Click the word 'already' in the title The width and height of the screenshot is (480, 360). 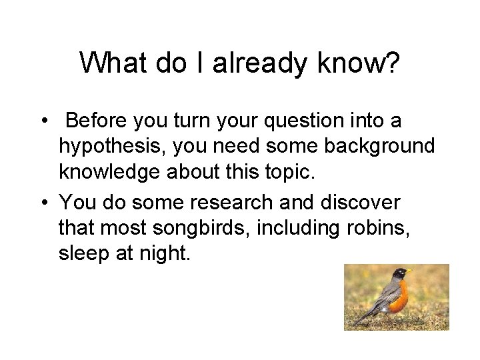(x=251, y=63)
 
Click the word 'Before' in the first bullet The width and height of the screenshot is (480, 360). (x=99, y=121)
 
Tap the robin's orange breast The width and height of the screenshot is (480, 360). (x=399, y=300)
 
